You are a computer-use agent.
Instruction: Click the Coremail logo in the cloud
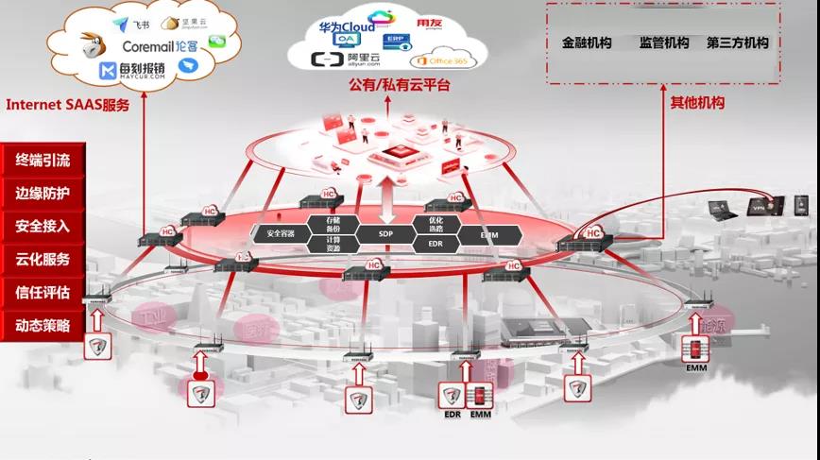point(161,45)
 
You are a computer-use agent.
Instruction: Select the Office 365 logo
point(443,61)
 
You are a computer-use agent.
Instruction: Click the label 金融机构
point(587,43)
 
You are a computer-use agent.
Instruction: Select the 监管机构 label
point(664,43)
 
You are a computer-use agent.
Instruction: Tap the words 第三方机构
point(737,43)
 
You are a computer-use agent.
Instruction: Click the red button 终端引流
point(43,161)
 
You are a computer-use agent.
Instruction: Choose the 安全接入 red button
point(43,226)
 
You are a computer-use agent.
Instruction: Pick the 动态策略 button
point(43,325)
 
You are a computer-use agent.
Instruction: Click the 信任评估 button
point(43,292)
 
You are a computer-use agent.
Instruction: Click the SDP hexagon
point(385,233)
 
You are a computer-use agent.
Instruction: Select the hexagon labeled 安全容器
point(281,233)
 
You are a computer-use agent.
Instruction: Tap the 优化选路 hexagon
point(436,225)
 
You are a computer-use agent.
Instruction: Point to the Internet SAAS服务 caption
point(67,106)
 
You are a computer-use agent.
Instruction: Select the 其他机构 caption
point(697,103)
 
